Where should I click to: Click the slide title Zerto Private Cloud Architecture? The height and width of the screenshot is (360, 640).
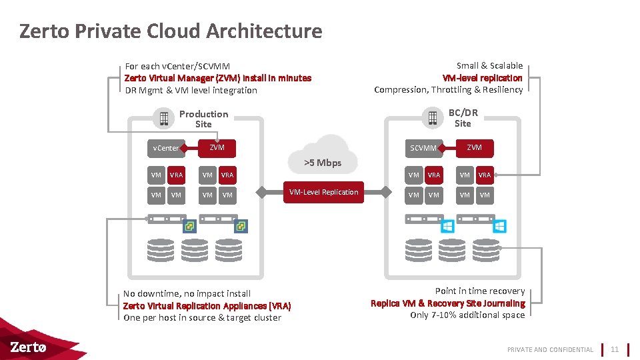coord(171,31)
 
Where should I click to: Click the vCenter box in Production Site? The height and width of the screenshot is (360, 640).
coord(166,148)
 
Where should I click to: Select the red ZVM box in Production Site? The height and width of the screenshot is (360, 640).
coord(217,147)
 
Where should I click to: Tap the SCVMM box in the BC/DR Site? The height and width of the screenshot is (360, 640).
coord(423,148)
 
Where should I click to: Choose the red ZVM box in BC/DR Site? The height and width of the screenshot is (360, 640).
coord(475,147)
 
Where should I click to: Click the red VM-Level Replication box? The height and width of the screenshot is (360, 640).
coord(323,192)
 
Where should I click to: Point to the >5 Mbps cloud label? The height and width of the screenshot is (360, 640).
coord(323,163)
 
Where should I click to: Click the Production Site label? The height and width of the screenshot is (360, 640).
coord(203,119)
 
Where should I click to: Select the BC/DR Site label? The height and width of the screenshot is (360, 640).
coord(463,118)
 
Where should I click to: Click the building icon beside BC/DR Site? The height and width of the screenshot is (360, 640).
coord(432,118)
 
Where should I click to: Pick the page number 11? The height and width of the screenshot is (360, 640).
coord(615,349)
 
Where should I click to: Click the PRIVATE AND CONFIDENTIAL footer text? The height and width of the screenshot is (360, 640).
coord(550,349)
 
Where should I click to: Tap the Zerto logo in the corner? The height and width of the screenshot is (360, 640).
coord(29,347)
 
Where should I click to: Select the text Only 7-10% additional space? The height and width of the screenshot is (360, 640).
coord(467,315)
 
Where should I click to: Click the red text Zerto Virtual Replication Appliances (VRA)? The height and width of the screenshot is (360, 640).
coord(207,305)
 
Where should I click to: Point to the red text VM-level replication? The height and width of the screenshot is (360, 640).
coord(482,78)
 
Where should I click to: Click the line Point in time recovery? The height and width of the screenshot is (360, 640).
coord(479,291)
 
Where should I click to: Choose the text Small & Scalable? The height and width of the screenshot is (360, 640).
coord(489,65)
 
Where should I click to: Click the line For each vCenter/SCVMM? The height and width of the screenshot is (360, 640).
coord(177,66)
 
